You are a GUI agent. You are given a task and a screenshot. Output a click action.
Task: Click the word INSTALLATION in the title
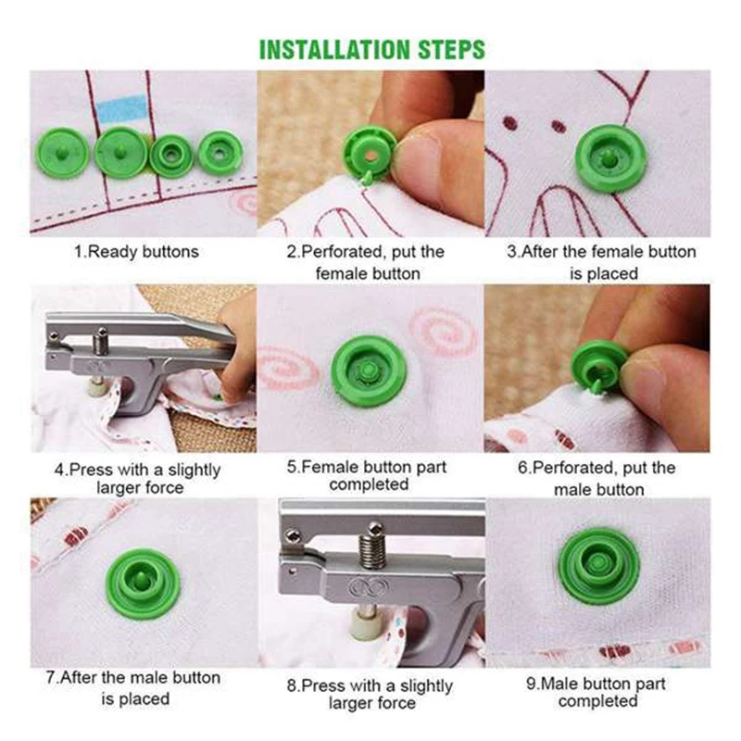coord(335,50)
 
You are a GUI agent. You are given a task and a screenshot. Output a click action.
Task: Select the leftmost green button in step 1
coord(62,153)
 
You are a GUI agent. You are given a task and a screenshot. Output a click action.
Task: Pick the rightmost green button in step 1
coord(220,153)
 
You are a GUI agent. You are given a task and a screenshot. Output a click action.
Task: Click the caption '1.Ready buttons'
coord(136,251)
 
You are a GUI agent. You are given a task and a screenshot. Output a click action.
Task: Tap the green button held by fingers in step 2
coord(369,154)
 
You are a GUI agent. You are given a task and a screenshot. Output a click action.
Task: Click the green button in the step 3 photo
coord(610,158)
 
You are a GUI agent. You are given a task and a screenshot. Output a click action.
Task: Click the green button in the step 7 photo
coord(143,584)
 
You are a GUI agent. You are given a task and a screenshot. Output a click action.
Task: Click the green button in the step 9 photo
coord(599,567)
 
